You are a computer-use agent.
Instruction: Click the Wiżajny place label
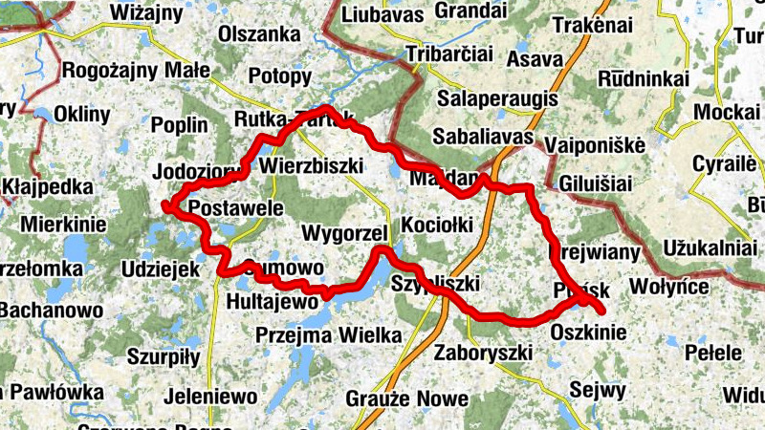click(145, 12)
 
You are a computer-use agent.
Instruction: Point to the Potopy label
click(279, 76)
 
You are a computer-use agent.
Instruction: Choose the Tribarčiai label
click(450, 54)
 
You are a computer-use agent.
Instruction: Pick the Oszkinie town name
click(589, 333)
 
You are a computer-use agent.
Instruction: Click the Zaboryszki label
click(483, 353)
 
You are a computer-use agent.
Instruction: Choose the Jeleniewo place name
click(210, 396)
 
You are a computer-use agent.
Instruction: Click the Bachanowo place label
click(50, 311)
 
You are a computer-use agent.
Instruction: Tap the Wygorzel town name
click(343, 234)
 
